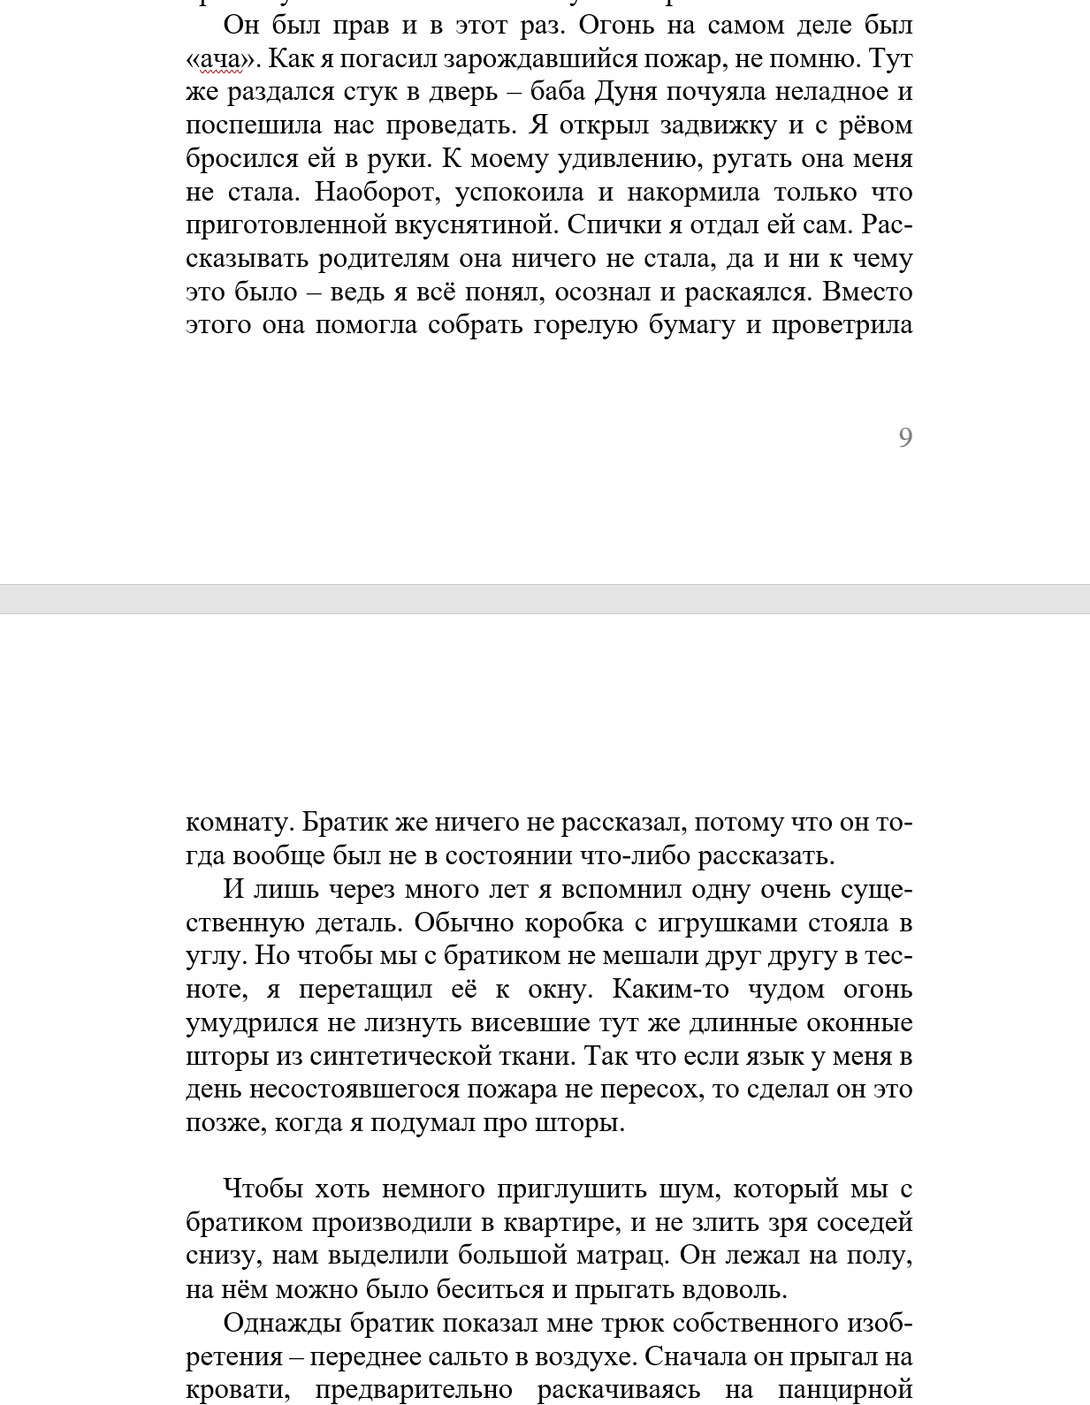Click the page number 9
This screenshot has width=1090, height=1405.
coord(904,437)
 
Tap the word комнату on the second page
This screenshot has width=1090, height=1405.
coord(238,824)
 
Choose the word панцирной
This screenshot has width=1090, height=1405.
coord(844,1390)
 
